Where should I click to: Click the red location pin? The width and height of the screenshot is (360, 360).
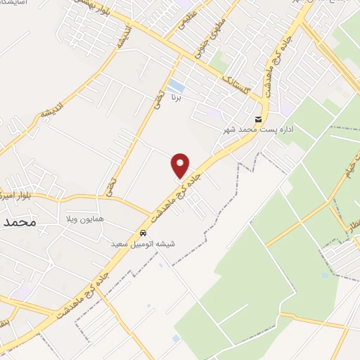(180, 166)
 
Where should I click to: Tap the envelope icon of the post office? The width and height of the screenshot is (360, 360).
(259, 119)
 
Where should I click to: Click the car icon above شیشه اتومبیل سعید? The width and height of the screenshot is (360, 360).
(143, 233)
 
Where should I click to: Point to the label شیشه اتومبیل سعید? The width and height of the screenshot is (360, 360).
(143, 244)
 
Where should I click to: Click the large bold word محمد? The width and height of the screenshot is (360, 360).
(18, 222)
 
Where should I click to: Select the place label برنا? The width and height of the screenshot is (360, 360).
(178, 101)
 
